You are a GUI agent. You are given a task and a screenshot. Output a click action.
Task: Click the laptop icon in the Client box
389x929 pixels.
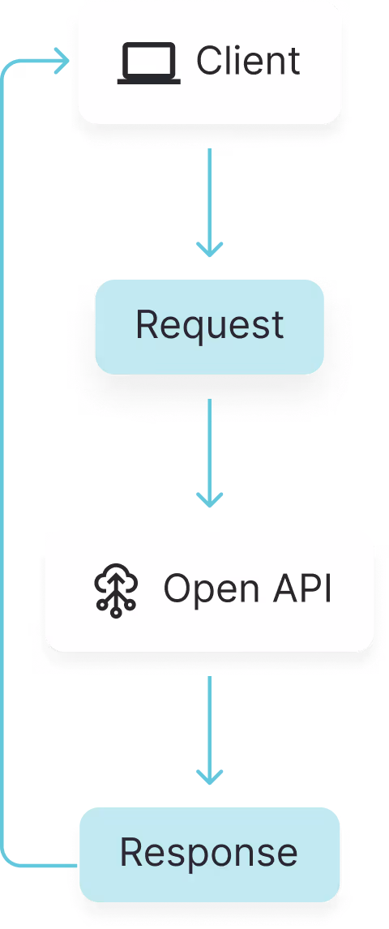[x=149, y=63]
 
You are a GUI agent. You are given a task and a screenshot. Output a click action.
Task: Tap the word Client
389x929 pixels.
[x=248, y=62]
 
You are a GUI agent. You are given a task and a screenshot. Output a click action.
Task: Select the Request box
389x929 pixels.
[x=210, y=327]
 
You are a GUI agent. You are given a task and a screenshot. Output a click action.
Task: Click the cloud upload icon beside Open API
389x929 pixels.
[x=116, y=590]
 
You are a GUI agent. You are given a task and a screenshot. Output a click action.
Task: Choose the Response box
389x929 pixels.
[x=209, y=853]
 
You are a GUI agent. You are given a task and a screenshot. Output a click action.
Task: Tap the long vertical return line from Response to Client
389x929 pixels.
[x=3, y=454]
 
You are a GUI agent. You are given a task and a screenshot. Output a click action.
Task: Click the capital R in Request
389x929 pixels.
[x=146, y=325]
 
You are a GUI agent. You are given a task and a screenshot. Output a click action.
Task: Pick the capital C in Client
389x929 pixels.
[x=209, y=62]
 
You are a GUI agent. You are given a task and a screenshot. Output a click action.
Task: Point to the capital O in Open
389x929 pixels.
[x=177, y=589]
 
